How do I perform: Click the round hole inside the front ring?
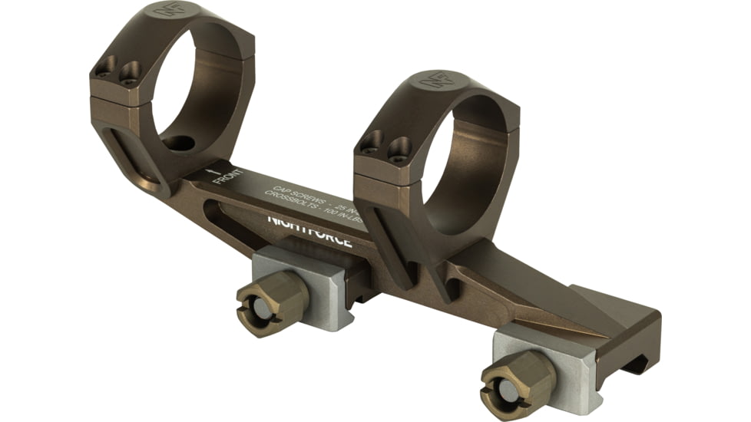178,143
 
